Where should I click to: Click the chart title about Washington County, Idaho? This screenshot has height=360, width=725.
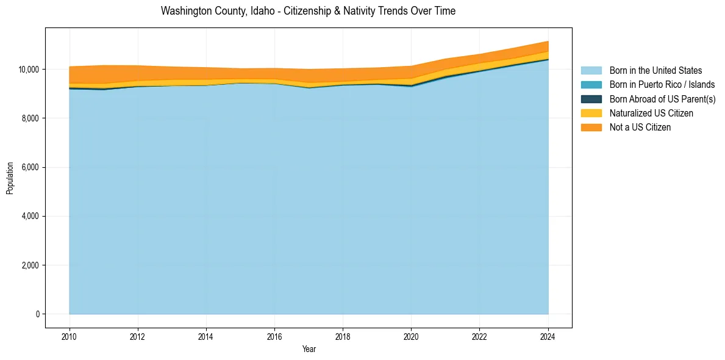click(308, 11)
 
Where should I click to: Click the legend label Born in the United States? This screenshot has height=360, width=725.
click(655, 71)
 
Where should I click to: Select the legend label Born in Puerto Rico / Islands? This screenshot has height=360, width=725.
click(662, 85)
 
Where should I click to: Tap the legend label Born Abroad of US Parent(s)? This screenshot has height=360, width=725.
click(662, 99)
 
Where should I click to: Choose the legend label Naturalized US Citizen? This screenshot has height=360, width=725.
click(651, 113)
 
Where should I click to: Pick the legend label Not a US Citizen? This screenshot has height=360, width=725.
click(640, 127)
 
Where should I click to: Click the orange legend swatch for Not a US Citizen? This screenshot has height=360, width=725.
click(591, 127)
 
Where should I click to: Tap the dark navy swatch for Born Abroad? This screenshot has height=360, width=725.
click(591, 99)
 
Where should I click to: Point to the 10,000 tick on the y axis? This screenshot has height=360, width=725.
click(29, 70)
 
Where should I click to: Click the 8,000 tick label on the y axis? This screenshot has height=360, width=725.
click(31, 118)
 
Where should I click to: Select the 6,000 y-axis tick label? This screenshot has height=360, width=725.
click(31, 167)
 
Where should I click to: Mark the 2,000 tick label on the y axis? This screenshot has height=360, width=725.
click(31, 265)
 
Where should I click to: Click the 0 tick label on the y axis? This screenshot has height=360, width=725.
click(38, 314)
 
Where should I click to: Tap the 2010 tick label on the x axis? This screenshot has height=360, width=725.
click(70, 336)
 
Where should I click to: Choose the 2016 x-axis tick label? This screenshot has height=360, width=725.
click(274, 336)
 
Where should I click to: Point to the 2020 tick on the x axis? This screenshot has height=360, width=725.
click(412, 336)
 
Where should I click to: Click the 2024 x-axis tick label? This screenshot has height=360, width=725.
click(548, 336)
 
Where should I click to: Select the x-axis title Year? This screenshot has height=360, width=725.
click(309, 349)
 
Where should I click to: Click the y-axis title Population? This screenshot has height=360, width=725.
click(10, 178)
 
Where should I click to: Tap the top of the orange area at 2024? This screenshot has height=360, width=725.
click(548, 41)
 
